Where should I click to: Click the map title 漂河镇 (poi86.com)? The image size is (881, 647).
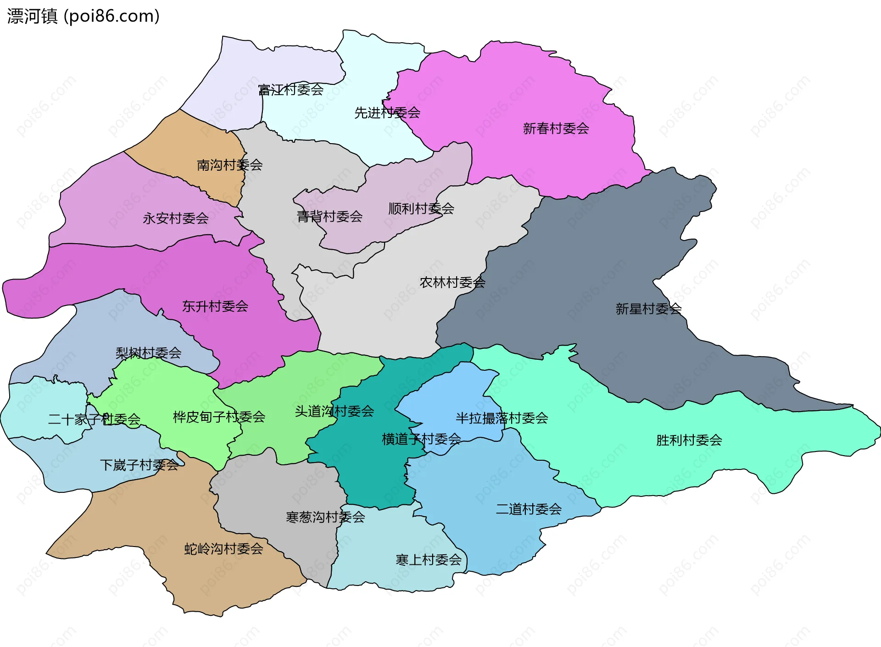tap(83, 16)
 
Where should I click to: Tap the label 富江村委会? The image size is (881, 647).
tap(291, 89)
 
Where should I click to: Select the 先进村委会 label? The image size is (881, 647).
tap(387, 112)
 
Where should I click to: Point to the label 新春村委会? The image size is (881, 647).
tap(556, 128)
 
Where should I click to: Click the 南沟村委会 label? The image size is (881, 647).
tap(229, 165)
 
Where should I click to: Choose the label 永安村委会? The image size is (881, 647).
tap(176, 218)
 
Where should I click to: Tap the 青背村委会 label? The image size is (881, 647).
tap(329, 216)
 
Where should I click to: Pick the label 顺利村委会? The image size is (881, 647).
tap(421, 208)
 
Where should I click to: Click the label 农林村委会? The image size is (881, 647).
tap(452, 282)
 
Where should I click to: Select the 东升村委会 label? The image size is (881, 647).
tap(215, 306)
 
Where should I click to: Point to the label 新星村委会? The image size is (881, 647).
tap(648, 309)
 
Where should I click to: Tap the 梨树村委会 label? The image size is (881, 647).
tap(149, 353)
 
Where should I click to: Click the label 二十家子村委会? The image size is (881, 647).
tap(94, 419)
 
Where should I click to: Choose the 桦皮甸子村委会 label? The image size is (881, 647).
tap(219, 417)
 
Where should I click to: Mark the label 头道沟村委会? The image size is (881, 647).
tap(334, 411)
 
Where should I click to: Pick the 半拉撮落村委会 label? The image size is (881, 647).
tap(502, 418)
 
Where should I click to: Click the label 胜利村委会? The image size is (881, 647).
tap(689, 440)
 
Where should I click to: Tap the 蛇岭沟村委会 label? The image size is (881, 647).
tap(223, 548)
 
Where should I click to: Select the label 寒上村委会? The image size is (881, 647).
tap(429, 559)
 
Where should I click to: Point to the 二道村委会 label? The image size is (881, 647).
tap(529, 509)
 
